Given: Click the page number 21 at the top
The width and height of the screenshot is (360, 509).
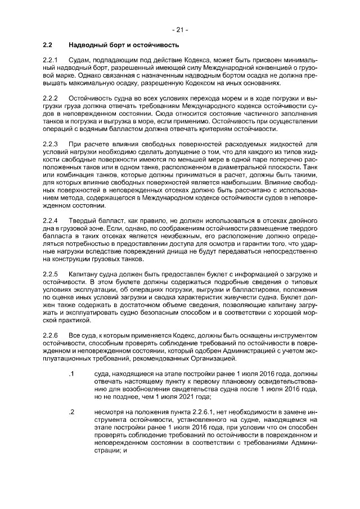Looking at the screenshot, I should click(180, 29).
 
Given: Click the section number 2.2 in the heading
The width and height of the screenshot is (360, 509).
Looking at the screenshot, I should click(48, 44).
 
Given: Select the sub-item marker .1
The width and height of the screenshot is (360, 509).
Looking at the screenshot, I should click(71, 374).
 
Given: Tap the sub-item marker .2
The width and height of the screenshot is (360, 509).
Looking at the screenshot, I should click(71, 412).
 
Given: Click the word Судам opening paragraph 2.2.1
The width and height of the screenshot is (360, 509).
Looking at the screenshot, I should click(80, 60).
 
